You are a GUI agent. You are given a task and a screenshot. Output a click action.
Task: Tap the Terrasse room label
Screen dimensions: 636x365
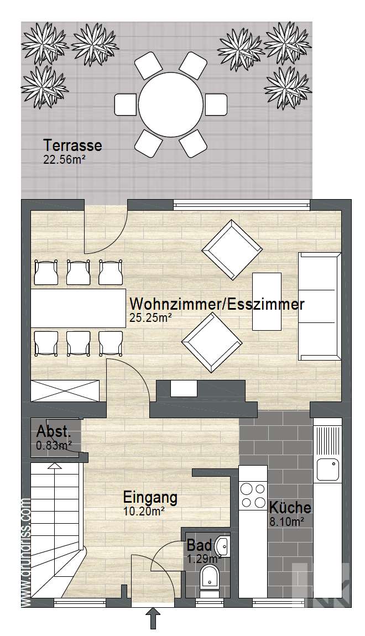[72, 145]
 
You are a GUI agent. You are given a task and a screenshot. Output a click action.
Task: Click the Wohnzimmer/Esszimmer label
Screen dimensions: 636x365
[216, 304]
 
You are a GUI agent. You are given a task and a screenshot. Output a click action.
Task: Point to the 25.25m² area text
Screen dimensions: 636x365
[150, 317]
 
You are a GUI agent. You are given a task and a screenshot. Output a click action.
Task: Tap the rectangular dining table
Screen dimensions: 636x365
[78, 308]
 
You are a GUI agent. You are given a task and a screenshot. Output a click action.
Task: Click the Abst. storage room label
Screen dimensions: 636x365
[54, 432]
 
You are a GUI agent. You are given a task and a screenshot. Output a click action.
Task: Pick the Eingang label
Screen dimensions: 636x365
[150, 497]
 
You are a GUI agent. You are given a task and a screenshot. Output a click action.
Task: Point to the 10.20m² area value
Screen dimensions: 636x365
[144, 512]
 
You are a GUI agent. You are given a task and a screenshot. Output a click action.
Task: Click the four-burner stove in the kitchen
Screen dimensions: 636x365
[253, 496]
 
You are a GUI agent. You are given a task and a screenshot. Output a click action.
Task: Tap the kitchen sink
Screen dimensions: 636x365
[327, 470]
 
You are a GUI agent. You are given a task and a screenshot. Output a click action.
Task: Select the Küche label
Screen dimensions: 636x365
[290, 508]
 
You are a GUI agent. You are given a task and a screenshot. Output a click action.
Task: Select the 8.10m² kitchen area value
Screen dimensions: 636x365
[284, 522]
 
